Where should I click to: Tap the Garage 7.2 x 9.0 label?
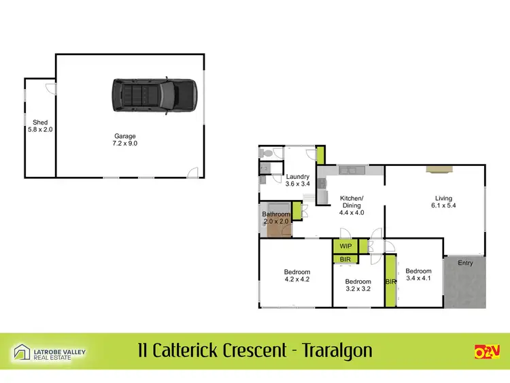[125, 139]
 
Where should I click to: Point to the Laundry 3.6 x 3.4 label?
[279, 180]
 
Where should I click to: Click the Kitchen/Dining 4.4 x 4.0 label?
[352, 205]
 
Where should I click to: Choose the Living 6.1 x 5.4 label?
[443, 202]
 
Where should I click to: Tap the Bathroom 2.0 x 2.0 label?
[277, 218]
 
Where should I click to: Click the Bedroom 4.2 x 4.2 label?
[296, 275]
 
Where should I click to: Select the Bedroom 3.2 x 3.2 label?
[358, 285]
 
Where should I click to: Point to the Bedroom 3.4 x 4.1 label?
[418, 274]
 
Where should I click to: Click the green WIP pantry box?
[345, 246]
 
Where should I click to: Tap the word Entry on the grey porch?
[465, 263]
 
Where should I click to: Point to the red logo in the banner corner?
[487, 351]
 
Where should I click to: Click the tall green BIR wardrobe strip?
[390, 280]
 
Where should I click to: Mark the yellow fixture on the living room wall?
[434, 169]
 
